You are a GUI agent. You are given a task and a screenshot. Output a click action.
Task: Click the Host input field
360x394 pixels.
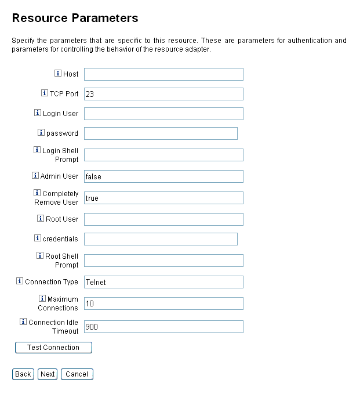point(163,74)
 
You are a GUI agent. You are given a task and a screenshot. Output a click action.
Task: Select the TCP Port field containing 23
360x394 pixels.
point(163,94)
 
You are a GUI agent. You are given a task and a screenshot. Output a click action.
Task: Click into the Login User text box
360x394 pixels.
point(163,114)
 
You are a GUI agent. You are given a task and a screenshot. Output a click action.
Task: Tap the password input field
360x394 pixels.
point(161,133)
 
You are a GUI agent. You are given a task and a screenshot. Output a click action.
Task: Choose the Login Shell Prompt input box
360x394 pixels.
point(163,155)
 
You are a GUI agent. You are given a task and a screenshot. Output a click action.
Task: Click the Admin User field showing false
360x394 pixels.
point(163,176)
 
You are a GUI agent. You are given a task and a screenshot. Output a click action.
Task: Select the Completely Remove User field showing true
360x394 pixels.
point(163,198)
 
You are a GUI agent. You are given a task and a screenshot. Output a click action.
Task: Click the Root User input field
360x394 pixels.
point(163,219)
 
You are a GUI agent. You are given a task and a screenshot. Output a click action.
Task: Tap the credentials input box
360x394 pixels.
point(161,239)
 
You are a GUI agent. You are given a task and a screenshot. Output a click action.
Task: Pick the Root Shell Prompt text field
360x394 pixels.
point(163,261)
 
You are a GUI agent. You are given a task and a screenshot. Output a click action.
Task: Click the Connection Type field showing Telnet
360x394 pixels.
point(163,282)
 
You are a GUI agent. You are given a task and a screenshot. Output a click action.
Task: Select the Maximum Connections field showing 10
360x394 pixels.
point(163,303)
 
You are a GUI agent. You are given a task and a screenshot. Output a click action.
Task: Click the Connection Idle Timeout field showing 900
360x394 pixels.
point(163,327)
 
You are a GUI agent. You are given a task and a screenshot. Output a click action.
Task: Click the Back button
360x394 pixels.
point(23,374)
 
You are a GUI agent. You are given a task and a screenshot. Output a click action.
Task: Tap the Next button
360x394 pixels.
point(48,374)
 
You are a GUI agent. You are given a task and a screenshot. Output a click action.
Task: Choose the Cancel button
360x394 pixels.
point(77,374)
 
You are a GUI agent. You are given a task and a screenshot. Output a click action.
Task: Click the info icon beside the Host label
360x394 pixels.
point(58,74)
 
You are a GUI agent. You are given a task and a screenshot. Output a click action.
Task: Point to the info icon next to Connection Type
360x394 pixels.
point(20,281)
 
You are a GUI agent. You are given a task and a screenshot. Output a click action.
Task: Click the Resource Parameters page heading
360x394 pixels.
point(75,18)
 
